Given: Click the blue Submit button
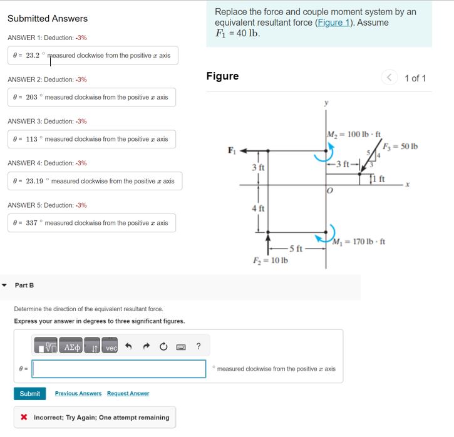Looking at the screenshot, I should point(29,394).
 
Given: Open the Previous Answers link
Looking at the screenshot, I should point(78,394).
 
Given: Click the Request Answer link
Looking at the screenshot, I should point(128,394).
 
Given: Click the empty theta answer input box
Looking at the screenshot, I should point(119,369).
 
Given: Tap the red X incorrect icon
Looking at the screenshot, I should point(24,418).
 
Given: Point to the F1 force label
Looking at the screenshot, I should point(232,150).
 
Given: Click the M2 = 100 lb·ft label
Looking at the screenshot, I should point(354,134).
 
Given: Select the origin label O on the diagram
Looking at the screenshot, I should point(327,191).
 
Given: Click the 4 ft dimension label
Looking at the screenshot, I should point(258,208).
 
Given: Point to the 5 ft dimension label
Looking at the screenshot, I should point(296,249).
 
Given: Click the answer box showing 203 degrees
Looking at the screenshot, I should point(91,97).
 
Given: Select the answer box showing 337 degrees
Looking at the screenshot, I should point(91,223).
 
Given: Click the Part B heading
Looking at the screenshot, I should point(24,285).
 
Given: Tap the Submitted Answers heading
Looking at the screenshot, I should point(48,19).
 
